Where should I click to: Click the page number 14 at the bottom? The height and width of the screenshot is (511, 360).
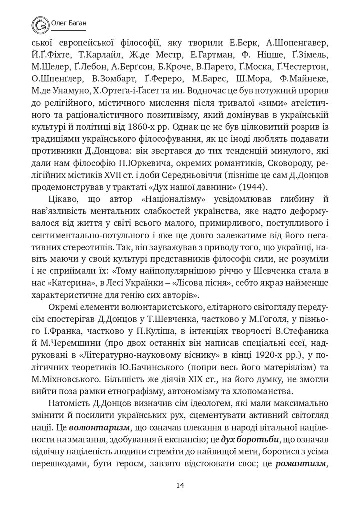click(x=180, y=484)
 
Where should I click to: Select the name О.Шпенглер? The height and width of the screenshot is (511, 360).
click(x=57, y=79)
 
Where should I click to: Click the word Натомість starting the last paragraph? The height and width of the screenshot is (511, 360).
click(x=70, y=402)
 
